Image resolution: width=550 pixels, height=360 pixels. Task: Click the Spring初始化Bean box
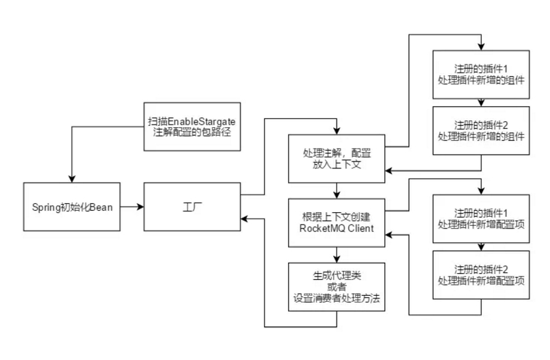click(72, 206)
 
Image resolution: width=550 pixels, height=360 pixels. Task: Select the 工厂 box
click(192, 206)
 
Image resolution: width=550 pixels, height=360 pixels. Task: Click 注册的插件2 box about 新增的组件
click(482, 130)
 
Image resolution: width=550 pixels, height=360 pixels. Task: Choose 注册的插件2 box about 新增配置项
click(482, 276)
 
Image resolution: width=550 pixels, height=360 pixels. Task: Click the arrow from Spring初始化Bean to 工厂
click(131, 206)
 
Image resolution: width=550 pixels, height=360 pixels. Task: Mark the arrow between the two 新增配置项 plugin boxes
click(482, 247)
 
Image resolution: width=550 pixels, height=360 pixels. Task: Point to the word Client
click(358, 229)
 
